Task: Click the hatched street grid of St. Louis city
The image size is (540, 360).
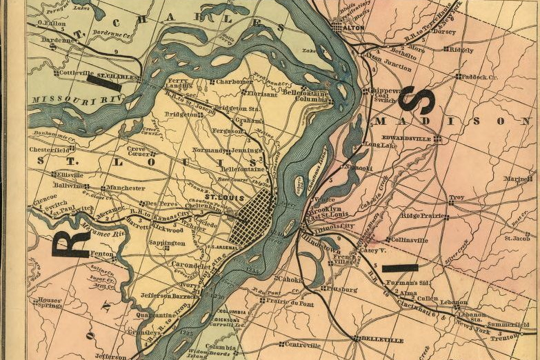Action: tap(252, 217)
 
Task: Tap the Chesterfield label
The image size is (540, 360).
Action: tap(48, 148)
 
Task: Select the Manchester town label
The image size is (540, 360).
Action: tap(126, 188)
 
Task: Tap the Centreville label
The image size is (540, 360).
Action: tap(303, 344)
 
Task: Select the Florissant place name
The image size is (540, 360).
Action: tap(261, 93)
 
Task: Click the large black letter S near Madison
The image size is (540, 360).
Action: tap(417, 100)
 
